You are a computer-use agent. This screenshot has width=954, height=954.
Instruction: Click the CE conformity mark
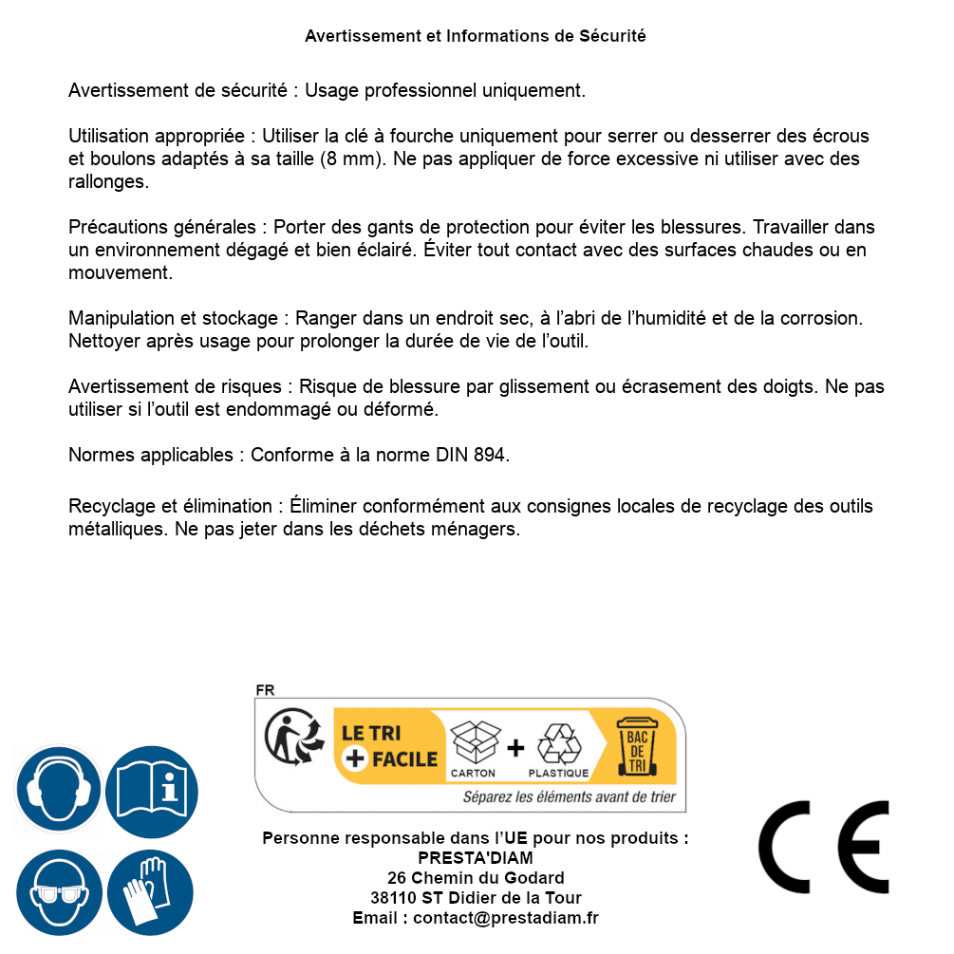pyautogui.click(x=823, y=847)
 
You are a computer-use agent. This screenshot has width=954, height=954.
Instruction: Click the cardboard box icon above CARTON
pyautogui.click(x=474, y=742)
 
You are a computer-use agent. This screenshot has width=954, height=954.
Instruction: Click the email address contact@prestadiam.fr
pyautogui.click(x=506, y=918)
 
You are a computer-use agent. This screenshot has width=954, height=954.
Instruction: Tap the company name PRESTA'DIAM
pyautogui.click(x=476, y=858)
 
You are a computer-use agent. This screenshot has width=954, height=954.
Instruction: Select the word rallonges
pyautogui.click(x=108, y=181)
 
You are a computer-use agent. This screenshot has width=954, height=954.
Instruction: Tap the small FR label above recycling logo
pyautogui.click(x=265, y=690)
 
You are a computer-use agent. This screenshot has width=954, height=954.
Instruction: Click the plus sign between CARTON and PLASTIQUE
pyautogui.click(x=515, y=747)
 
